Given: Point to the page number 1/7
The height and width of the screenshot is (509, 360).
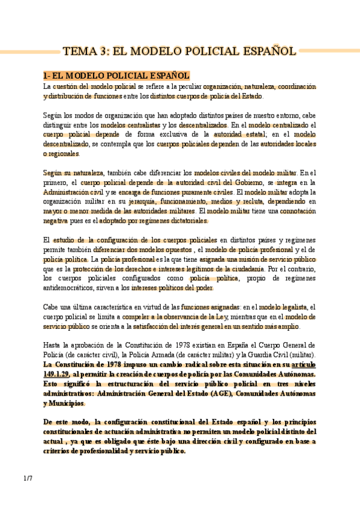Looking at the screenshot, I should coord(28,478).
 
